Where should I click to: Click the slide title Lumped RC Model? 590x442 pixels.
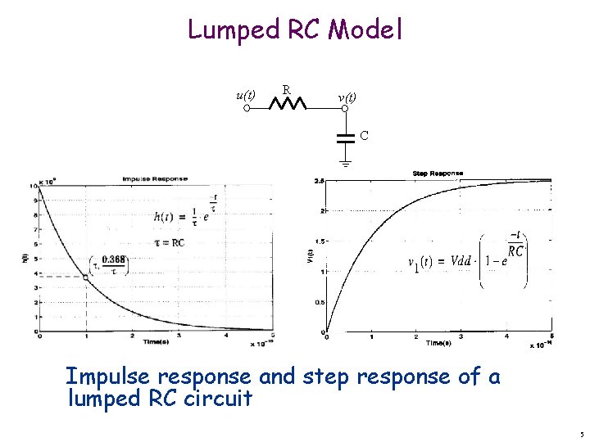coord(295,30)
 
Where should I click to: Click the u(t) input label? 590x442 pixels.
coord(245,95)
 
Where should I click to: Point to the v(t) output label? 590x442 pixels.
coord(347,97)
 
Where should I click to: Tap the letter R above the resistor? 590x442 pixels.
coord(285,88)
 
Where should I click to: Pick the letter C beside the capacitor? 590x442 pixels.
coord(364,133)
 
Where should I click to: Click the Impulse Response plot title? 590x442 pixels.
coord(155,178)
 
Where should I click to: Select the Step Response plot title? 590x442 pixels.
coord(438,174)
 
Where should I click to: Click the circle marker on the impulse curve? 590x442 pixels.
coord(86,277)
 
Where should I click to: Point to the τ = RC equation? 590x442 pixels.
coord(170,242)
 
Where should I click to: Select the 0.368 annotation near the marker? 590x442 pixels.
coord(114,260)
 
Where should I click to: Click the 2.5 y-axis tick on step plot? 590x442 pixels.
coord(319,180)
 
